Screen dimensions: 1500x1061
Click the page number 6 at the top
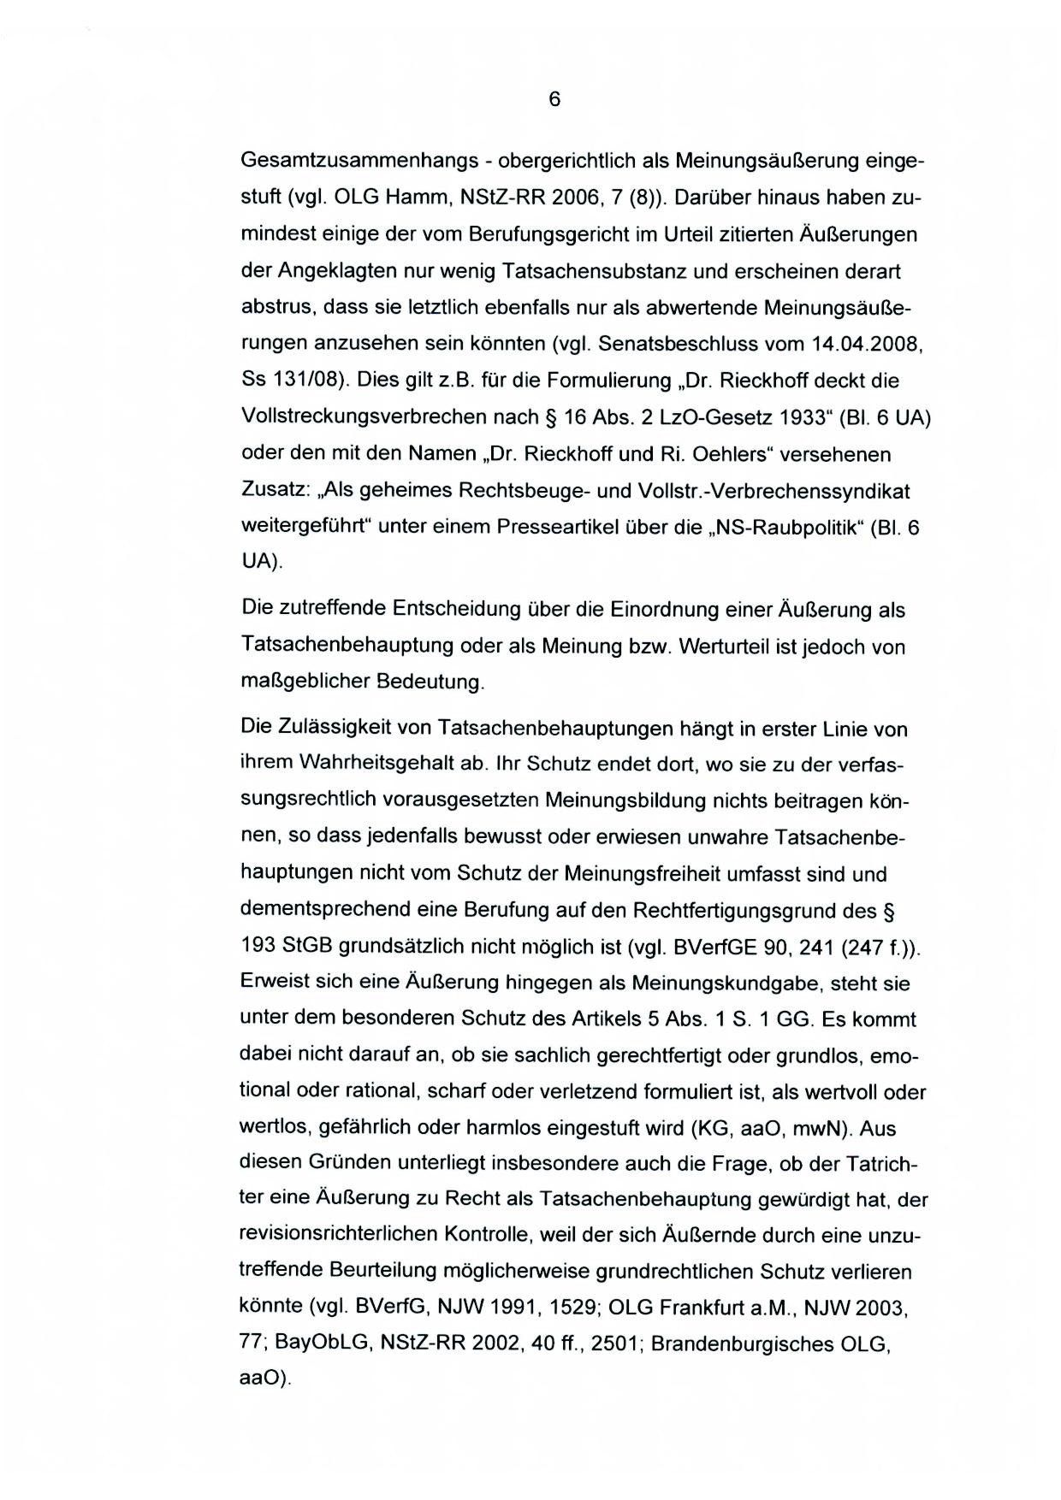(x=554, y=100)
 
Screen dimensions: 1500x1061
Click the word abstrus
(x=274, y=307)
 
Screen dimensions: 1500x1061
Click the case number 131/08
(x=300, y=381)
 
